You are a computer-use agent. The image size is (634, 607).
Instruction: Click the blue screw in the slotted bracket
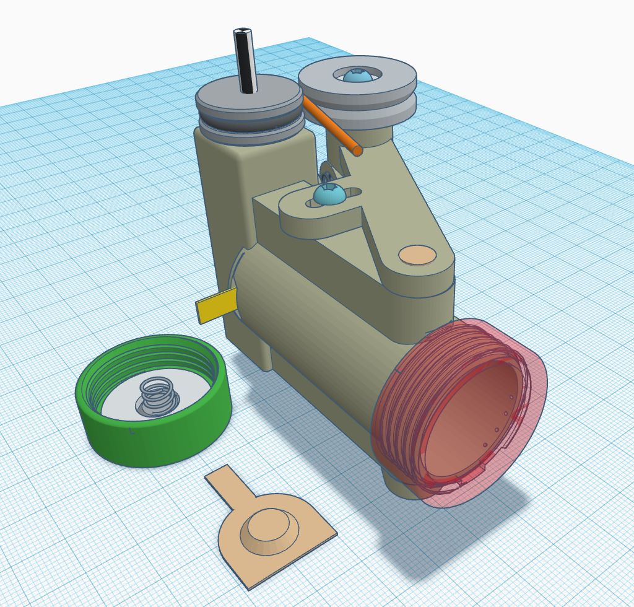[x=328, y=194]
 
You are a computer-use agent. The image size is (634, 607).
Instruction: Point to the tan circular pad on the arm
[x=417, y=255]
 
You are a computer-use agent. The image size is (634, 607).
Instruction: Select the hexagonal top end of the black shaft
[x=242, y=32]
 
